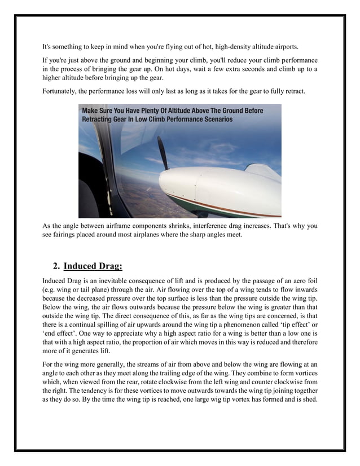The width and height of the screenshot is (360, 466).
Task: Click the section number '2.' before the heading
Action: [56, 266]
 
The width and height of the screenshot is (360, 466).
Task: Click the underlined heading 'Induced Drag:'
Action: [93, 266]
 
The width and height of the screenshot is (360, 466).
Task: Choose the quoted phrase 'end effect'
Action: [59, 335]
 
